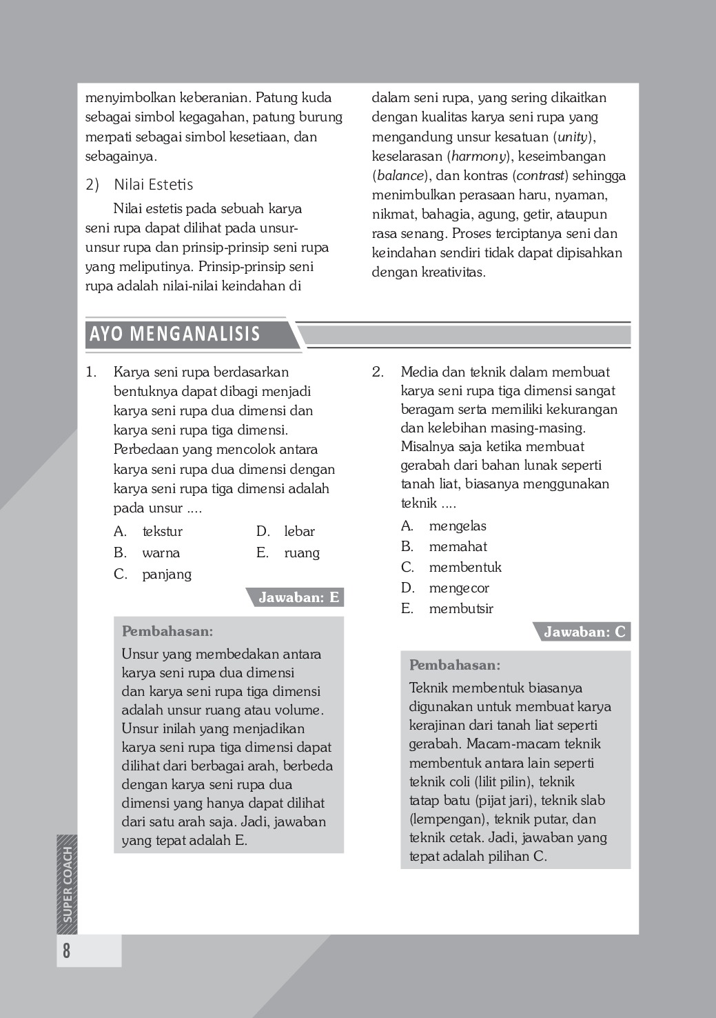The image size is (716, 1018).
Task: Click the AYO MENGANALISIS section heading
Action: [x=175, y=335]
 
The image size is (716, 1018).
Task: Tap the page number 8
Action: [x=66, y=951]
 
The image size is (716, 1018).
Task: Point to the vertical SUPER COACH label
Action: [x=68, y=884]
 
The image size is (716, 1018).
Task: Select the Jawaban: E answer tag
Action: [x=298, y=598]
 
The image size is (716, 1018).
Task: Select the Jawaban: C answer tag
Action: [x=584, y=632]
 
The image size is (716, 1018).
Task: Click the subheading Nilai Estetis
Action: [x=153, y=185]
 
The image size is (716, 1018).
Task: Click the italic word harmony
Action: [x=478, y=156]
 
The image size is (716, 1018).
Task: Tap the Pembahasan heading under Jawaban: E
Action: [x=167, y=631]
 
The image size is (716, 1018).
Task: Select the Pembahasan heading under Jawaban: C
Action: [x=455, y=666]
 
